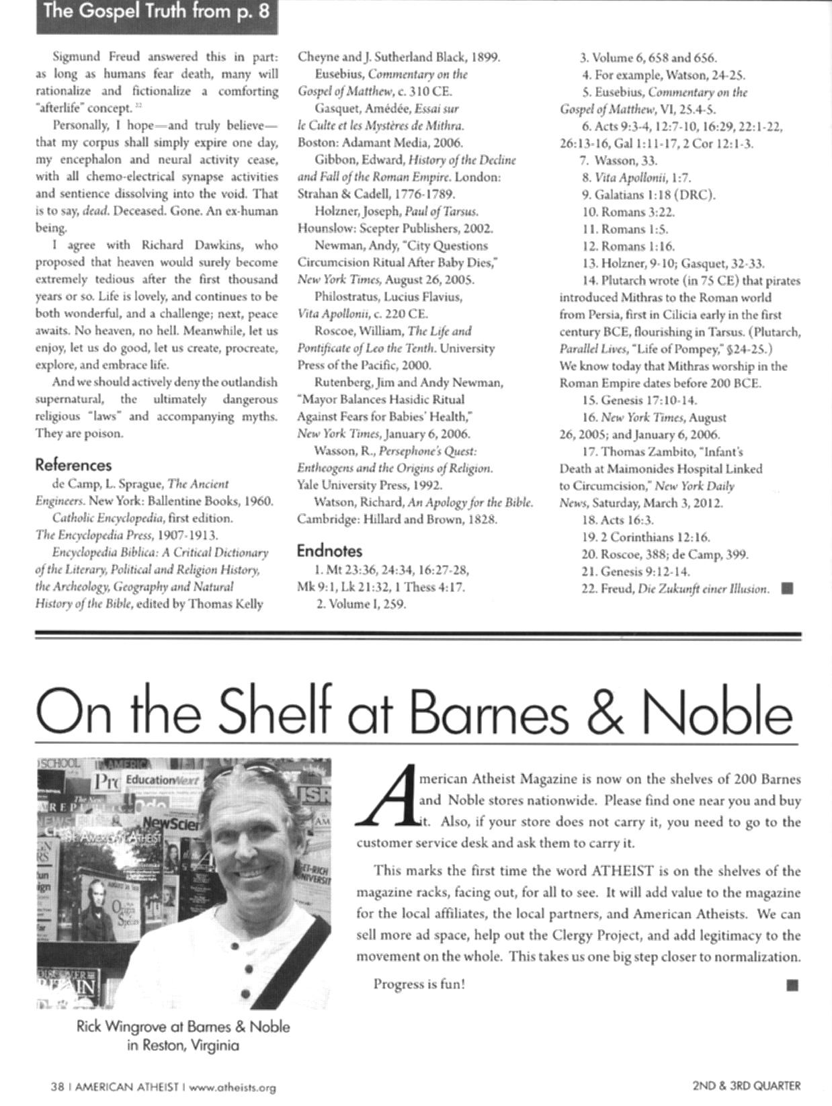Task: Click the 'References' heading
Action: click(x=73, y=465)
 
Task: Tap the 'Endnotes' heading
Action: click(x=329, y=551)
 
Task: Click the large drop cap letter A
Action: click(x=388, y=800)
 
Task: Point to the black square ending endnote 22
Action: click(x=788, y=589)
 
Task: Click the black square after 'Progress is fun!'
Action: click(x=792, y=985)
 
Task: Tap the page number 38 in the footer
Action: click(x=57, y=1086)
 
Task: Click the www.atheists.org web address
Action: click(x=233, y=1087)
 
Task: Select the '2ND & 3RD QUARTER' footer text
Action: click(x=746, y=1084)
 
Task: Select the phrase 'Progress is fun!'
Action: click(x=419, y=984)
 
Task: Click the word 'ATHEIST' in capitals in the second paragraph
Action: click(x=622, y=871)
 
